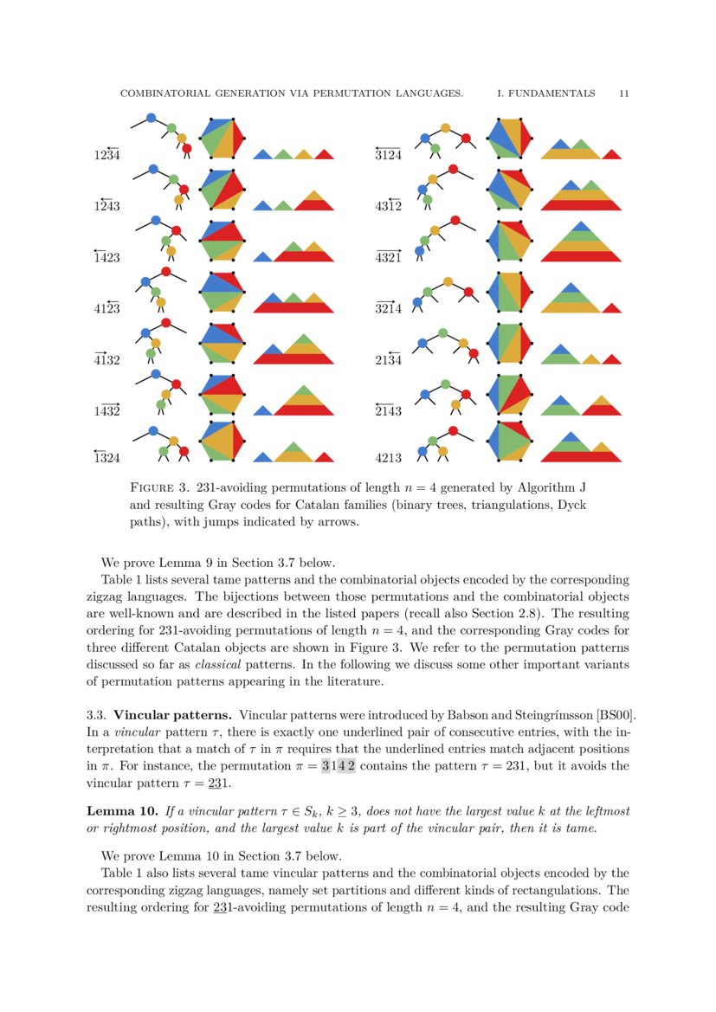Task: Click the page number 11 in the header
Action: [623, 93]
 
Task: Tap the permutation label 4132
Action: [106, 358]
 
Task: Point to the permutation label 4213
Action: [388, 458]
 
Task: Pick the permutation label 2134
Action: [388, 358]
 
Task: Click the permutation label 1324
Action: [106, 458]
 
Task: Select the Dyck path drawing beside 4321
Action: [581, 243]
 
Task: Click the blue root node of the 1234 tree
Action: [152, 117]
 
